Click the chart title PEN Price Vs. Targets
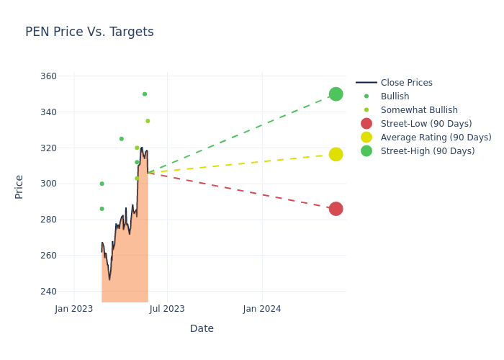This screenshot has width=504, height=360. [x=89, y=32]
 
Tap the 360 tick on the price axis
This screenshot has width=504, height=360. [x=48, y=76]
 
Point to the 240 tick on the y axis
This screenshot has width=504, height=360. [x=48, y=292]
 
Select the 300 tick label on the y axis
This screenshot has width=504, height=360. [x=48, y=184]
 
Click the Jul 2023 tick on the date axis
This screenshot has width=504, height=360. [x=167, y=309]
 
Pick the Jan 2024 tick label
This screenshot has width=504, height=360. [x=262, y=309]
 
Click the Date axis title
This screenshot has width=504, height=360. [x=202, y=328]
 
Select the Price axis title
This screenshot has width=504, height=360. [x=19, y=186]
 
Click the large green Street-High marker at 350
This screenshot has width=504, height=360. [x=336, y=94]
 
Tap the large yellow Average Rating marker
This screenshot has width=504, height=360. [x=336, y=154]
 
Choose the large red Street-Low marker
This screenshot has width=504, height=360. [x=336, y=209]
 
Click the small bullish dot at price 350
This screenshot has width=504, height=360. [x=145, y=94]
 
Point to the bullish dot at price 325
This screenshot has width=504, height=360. [x=121, y=139]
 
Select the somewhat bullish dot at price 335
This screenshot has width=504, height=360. [x=148, y=121]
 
